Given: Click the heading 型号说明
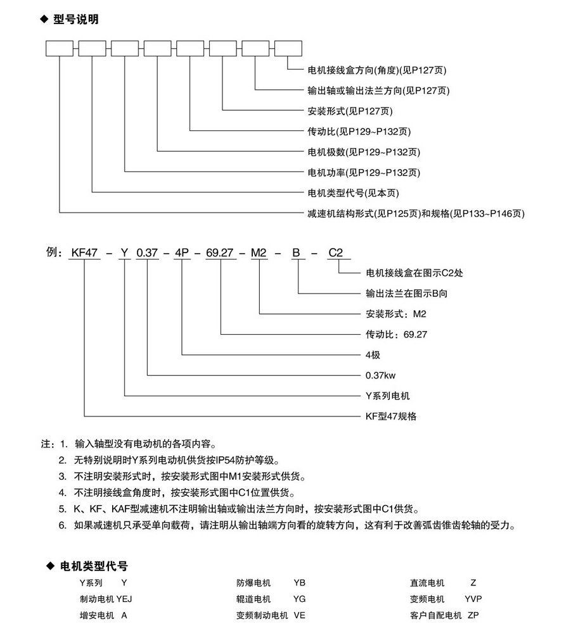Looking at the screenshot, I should click(75, 20).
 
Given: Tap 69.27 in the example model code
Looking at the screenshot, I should click(220, 253).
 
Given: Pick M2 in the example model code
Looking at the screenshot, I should click(260, 253).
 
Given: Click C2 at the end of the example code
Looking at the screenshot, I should click(336, 253).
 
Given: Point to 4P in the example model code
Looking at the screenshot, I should click(183, 253).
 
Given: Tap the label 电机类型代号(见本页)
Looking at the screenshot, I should click(354, 193).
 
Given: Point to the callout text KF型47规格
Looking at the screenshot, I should click(392, 416).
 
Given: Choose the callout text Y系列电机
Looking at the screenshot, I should click(388, 396).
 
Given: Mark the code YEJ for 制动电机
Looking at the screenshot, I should click(124, 599).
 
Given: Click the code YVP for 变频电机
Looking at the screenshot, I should click(473, 599).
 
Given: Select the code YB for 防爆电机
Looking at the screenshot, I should click(299, 582).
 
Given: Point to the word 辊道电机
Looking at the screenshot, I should click(253, 599).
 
